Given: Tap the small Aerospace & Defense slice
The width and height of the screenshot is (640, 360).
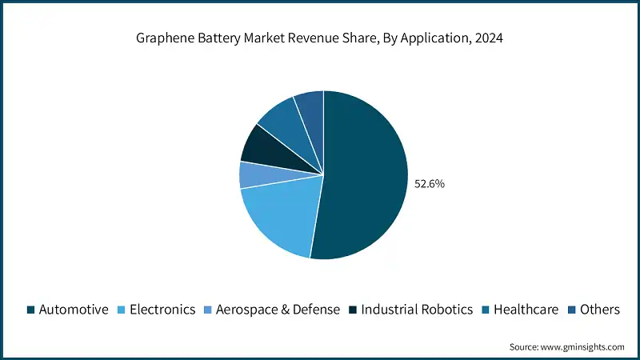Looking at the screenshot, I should (252, 174).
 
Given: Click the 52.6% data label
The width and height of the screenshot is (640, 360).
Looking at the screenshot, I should (429, 183).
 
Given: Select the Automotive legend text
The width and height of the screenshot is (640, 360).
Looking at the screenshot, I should (74, 310).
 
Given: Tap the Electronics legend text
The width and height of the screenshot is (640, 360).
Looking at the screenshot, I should (163, 310).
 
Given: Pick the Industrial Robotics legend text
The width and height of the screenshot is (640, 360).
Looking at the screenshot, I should (417, 310).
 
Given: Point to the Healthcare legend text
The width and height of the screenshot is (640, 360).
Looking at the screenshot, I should (526, 310).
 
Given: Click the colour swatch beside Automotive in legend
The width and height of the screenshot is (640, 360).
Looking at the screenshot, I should (30, 310).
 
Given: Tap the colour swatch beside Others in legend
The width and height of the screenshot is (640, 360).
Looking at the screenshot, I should (571, 310).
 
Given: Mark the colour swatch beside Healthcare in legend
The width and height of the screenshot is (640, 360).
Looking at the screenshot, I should (486, 310).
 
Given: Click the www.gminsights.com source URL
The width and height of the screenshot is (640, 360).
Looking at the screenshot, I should (583, 346).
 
